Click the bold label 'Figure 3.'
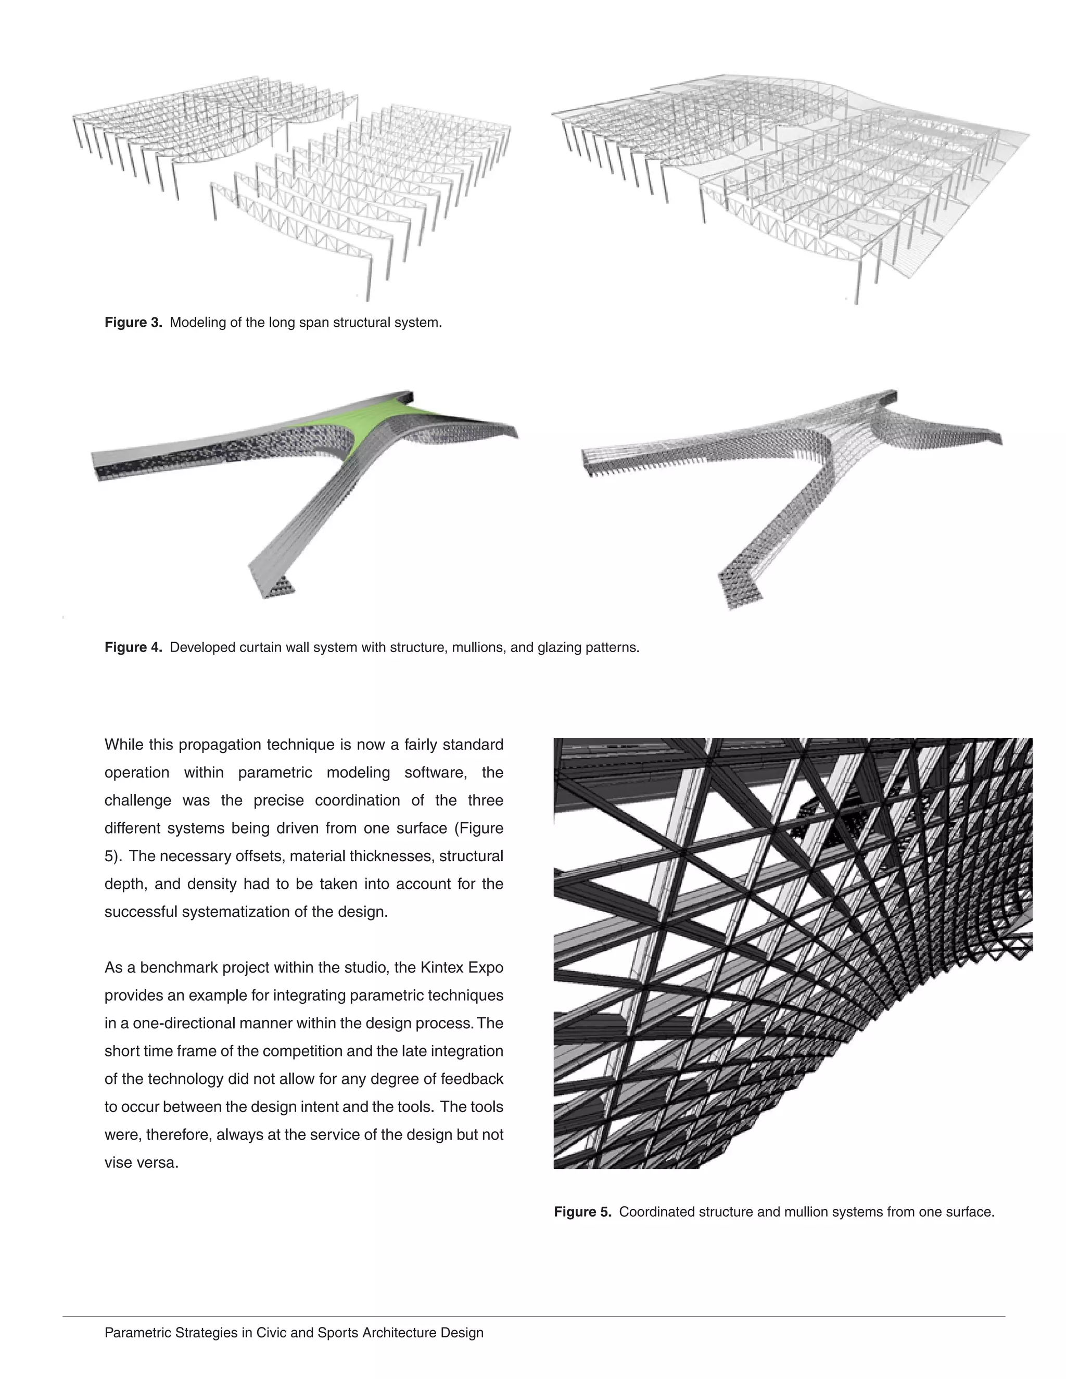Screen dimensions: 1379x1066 (x=133, y=323)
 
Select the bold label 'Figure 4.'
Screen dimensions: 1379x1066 (x=133, y=647)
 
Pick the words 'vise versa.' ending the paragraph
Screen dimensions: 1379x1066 (x=142, y=1163)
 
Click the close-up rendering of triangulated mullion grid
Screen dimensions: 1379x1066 (x=793, y=953)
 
